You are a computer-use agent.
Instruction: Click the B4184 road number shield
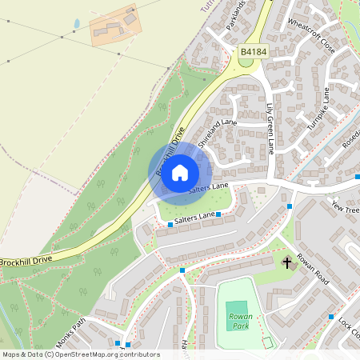253,52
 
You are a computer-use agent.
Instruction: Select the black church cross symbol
287,262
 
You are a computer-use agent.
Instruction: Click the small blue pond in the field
77,24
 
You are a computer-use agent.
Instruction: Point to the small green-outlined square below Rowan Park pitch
268,342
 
